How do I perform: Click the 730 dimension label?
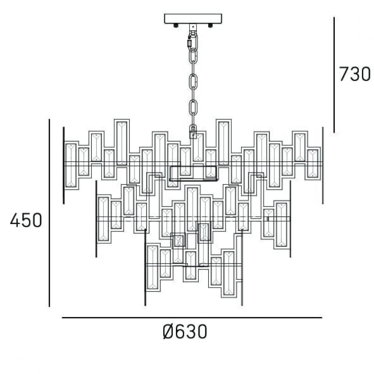tap(354, 74)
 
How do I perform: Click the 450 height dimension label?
tap(26, 220)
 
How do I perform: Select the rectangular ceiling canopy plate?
tap(193, 19)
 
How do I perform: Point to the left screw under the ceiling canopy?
tap(176, 26)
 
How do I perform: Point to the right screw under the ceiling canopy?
tap(210, 26)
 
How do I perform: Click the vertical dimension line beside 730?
tap(334, 75)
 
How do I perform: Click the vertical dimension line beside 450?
tap(49, 213)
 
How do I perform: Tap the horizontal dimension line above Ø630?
tap(192, 318)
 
